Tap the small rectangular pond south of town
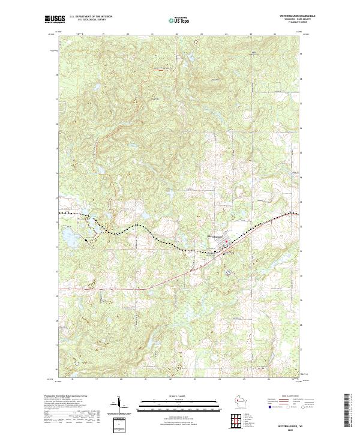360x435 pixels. click(229, 272)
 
